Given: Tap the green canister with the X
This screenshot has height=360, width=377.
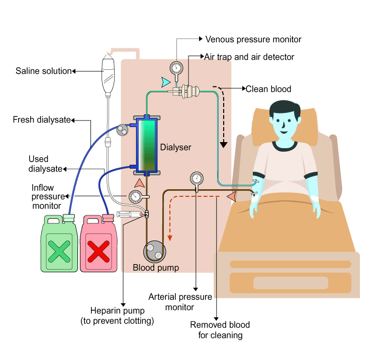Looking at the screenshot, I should point(59,246).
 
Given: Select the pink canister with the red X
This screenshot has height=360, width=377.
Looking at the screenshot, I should point(100,246).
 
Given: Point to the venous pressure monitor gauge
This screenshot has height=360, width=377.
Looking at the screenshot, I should point(176,68).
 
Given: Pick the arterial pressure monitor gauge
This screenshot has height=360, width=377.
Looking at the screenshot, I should point(196,178).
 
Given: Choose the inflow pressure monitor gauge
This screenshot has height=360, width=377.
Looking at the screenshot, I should point(135,196).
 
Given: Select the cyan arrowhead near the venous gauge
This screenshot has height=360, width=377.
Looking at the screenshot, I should point(165,81).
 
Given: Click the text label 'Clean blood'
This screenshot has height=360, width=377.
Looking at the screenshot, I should point(268,89).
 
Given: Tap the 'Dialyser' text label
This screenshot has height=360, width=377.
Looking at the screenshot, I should point(175,148).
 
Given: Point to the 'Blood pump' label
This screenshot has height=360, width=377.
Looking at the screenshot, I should point(156,268).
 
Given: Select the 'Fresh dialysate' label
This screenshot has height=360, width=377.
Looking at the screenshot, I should point(42,120).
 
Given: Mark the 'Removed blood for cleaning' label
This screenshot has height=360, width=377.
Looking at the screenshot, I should point(220,330).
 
